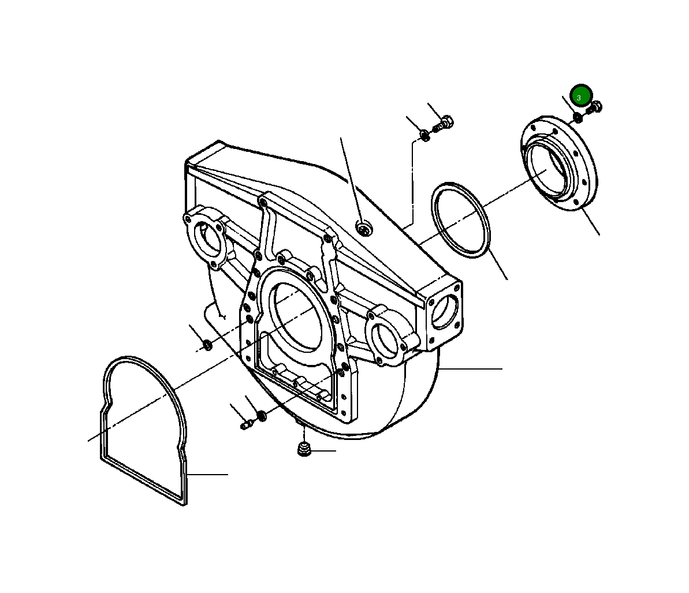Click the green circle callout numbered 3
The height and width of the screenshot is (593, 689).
pyautogui.click(x=581, y=96)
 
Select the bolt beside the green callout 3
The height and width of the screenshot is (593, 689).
pyautogui.click(x=594, y=107)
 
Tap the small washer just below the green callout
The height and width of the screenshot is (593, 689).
pyautogui.click(x=578, y=118)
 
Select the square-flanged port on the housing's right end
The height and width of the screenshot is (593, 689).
pyautogui.click(x=444, y=312)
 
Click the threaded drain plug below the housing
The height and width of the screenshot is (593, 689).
pyautogui.click(x=304, y=449)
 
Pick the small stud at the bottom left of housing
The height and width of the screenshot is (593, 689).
pyautogui.click(x=246, y=426)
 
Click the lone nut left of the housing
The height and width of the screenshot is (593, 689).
pyautogui.click(x=207, y=345)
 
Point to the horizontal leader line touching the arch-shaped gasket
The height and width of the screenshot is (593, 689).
pyautogui.click(x=208, y=475)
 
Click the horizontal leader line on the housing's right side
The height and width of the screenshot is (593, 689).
pyautogui.click(x=471, y=368)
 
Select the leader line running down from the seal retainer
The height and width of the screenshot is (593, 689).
pyautogui.click(x=590, y=222)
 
